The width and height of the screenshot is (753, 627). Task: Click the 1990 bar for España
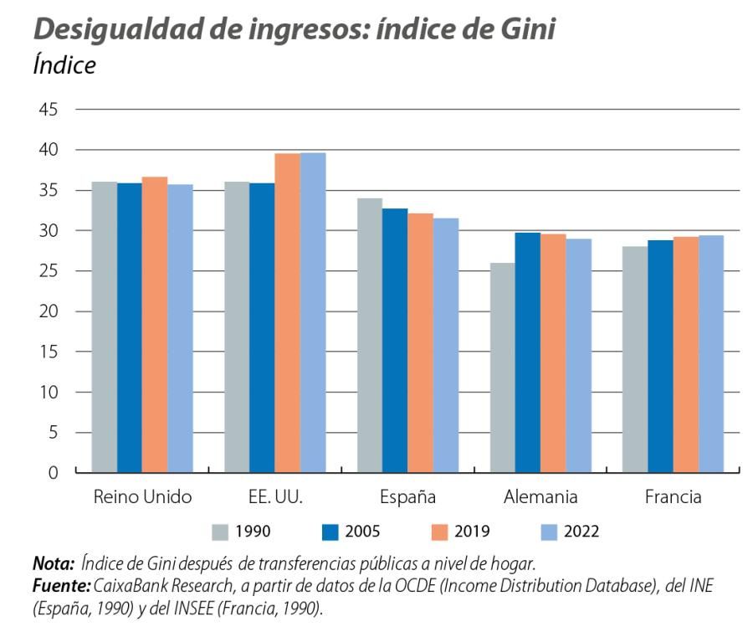tap(370, 335)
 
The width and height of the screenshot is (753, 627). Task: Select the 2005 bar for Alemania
tap(527, 352)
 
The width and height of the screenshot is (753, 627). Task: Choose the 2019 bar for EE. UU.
tap(288, 313)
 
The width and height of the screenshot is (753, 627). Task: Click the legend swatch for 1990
tap(221, 531)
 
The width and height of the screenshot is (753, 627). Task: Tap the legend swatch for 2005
tap(330, 531)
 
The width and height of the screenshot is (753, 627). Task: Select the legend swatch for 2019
tap(440, 531)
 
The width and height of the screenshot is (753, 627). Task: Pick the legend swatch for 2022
tap(550, 531)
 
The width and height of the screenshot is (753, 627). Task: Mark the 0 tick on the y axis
tap(53, 473)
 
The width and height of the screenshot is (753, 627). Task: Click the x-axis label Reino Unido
tap(141, 496)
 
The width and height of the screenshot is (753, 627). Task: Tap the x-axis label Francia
tap(673, 496)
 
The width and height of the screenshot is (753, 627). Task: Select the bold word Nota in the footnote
tap(51, 562)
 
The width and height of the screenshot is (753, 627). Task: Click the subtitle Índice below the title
tap(64, 65)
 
